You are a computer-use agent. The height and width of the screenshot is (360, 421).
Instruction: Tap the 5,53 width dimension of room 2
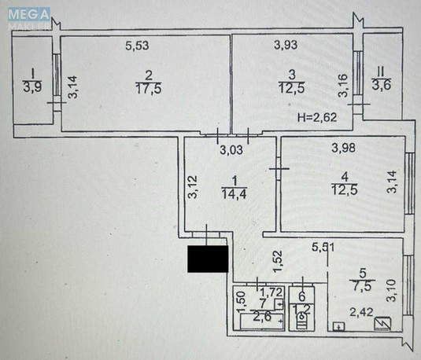click(x=138, y=46)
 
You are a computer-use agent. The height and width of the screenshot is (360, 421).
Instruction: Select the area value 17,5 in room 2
click(x=142, y=89)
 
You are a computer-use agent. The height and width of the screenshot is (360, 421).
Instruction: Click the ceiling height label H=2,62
click(x=316, y=118)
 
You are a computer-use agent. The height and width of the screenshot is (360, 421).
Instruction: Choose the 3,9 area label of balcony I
click(x=33, y=87)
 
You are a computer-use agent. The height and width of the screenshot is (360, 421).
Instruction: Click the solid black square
click(x=207, y=259)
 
